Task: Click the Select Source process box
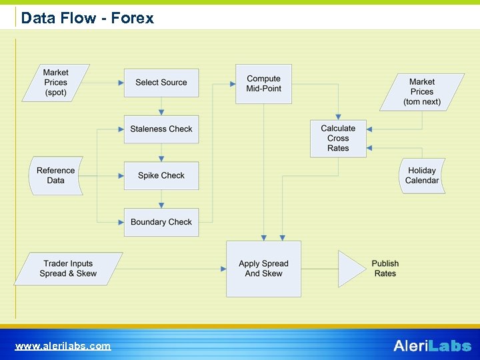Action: pyautogui.click(x=161, y=83)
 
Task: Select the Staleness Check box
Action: pyautogui.click(x=161, y=129)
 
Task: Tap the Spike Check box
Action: pyautogui.click(x=161, y=175)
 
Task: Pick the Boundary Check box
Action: pyautogui.click(x=161, y=222)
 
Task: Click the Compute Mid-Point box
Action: pyautogui.click(x=263, y=84)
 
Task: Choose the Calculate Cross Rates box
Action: pyautogui.click(x=338, y=139)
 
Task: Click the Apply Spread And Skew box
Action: pyautogui.click(x=263, y=269)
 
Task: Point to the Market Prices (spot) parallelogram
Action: pyautogui.click(x=56, y=83)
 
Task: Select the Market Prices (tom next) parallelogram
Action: pyautogui.click(x=421, y=92)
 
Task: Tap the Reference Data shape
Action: pyautogui.click(x=56, y=175)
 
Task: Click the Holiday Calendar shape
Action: pyautogui.click(x=422, y=175)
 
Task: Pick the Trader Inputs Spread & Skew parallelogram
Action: pyautogui.click(x=68, y=269)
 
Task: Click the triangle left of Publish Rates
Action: pyautogui.click(x=351, y=269)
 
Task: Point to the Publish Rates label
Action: pyautogui.click(x=385, y=269)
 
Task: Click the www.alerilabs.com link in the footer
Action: pyautogui.click(x=63, y=346)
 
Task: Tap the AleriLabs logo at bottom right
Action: pyautogui.click(x=432, y=345)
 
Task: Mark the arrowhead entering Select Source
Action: pyautogui.click(x=121, y=83)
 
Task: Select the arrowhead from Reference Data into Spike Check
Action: pyautogui.click(x=121, y=175)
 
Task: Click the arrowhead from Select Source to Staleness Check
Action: pyautogui.click(x=161, y=112)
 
